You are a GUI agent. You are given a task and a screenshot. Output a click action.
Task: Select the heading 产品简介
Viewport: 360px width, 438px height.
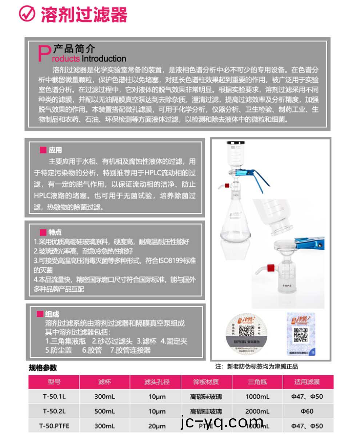74,49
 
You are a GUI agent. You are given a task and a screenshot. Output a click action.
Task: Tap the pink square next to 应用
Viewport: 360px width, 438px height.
43,150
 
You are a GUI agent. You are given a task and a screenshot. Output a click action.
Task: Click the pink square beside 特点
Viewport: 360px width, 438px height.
43,232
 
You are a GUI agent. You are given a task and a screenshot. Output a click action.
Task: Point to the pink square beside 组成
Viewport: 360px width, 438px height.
40,314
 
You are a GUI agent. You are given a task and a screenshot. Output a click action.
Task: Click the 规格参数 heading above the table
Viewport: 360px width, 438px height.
43,368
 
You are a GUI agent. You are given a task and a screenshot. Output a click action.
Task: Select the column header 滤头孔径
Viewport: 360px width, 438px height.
156,382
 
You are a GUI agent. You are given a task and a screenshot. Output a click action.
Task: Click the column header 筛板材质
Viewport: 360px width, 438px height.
206,382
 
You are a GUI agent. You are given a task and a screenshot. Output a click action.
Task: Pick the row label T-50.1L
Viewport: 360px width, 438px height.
54,397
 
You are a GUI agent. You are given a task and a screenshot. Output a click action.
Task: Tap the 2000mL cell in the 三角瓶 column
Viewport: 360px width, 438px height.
257,411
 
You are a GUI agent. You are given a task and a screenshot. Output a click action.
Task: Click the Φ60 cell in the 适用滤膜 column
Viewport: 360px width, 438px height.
307,411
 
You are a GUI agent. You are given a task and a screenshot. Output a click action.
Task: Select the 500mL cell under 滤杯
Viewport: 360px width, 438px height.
105,411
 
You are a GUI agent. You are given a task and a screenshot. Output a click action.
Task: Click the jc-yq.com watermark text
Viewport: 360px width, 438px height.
221,423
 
